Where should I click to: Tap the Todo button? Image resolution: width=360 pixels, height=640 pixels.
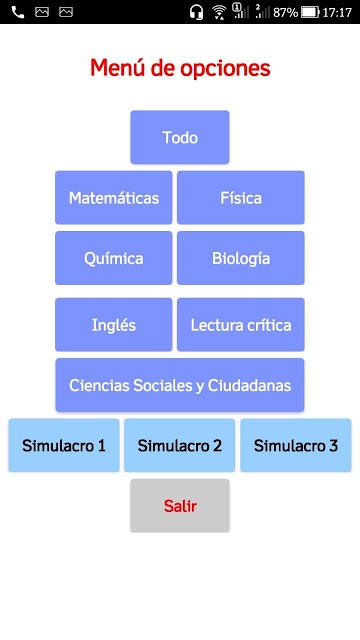click(180, 137)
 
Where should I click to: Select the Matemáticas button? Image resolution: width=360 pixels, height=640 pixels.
click(113, 198)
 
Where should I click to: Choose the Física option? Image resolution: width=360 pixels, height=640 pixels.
click(241, 198)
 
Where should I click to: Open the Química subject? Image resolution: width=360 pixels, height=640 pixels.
click(113, 258)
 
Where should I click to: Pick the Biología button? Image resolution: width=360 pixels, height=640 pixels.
click(241, 258)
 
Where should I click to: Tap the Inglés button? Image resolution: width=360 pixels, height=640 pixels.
click(113, 324)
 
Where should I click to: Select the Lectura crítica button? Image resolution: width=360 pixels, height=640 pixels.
click(241, 324)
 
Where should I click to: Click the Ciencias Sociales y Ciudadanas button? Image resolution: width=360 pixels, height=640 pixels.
click(180, 385)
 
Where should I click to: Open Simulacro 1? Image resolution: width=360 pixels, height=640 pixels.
click(64, 445)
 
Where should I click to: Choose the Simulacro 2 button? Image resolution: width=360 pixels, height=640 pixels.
click(180, 445)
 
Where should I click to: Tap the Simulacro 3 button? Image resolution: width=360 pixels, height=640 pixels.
click(296, 445)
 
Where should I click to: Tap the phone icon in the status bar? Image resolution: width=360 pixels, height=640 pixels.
click(18, 13)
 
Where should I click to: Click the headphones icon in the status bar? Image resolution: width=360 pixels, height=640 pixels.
click(196, 12)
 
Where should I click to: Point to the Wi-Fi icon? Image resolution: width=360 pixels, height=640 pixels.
click(219, 12)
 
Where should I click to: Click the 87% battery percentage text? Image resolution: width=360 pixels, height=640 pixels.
click(285, 13)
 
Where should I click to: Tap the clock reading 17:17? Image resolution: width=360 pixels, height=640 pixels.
click(337, 13)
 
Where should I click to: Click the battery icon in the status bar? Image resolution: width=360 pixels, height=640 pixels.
click(310, 13)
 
